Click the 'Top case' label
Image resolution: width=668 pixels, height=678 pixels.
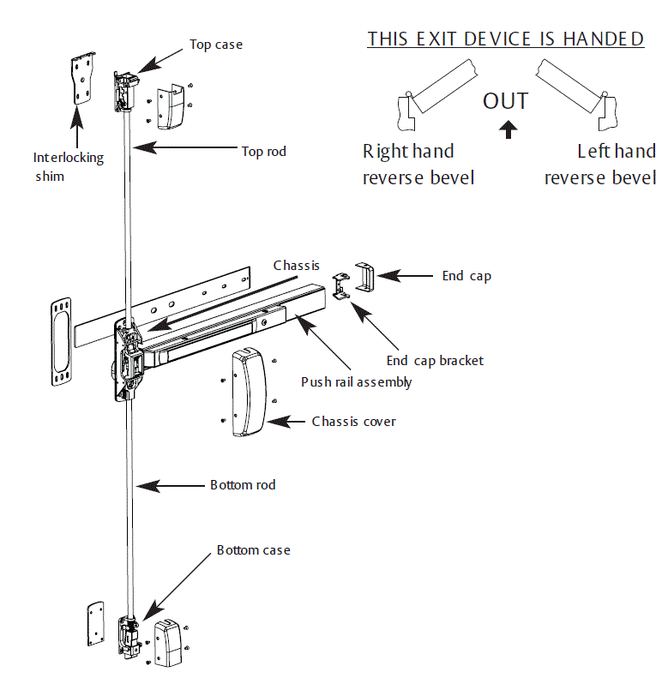pos(215,45)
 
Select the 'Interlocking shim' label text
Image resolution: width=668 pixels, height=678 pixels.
pos(68,165)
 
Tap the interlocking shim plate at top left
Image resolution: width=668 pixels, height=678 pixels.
pos(81,80)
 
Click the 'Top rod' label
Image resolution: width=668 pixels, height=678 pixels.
pos(263,152)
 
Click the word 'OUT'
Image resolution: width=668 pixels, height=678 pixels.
pos(505,101)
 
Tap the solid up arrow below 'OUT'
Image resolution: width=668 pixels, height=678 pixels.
pos(509,129)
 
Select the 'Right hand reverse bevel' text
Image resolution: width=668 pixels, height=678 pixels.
pos(418,165)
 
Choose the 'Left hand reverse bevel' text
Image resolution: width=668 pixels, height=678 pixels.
pos(601,165)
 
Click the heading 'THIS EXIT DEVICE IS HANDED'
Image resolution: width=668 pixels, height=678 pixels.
pos(505,39)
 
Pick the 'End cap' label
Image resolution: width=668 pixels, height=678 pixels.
pos(466,276)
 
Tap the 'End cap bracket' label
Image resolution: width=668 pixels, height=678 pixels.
pos(435,361)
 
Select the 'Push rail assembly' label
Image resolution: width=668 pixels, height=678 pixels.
pos(356,381)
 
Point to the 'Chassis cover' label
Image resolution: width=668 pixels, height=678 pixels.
pos(353,422)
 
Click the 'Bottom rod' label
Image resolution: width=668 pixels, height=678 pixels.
pos(243,485)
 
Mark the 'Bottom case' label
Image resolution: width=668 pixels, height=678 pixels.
pos(253,549)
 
